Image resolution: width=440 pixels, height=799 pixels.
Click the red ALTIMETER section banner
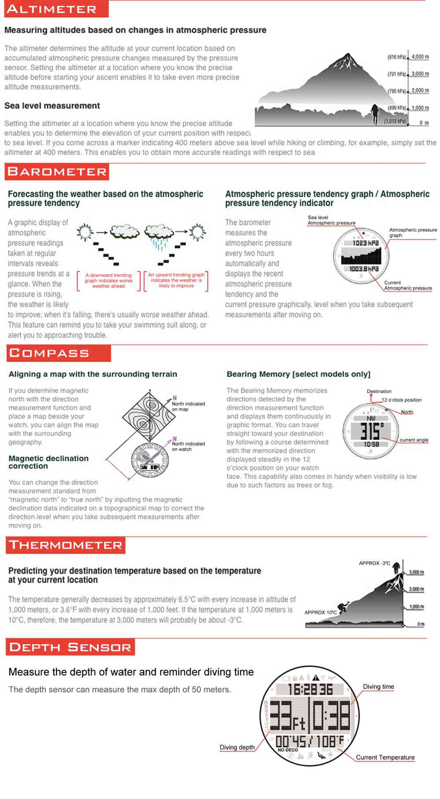pos(56,9)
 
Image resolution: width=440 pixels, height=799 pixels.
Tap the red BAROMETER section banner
pos(57,172)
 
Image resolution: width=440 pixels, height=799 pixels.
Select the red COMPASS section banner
pos(59,353)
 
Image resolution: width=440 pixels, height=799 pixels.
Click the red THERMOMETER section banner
pos(66,545)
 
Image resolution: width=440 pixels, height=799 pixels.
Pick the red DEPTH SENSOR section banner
pos(70,647)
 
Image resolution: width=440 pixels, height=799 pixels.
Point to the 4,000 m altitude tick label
pos(420,57)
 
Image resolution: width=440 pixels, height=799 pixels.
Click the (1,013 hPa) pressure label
pos(395,121)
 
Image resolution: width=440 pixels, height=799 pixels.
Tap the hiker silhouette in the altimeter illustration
pos(375,113)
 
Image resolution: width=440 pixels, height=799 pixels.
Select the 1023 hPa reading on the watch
pos(365,243)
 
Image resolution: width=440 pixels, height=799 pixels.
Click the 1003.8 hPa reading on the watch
pos(364,269)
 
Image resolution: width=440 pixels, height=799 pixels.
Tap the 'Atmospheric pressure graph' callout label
pos(412,232)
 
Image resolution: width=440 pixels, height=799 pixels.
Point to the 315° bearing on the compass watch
pos(372,432)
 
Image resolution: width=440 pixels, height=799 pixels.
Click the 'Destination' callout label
pos(379,391)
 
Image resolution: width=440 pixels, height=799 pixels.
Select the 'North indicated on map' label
pos(188,407)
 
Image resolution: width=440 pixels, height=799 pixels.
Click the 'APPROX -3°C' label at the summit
pos(374,563)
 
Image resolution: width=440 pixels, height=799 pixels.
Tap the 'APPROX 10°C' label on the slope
pos(320,612)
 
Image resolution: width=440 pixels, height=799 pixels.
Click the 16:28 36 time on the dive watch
pos(310,689)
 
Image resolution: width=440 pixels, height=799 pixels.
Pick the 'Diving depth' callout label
pos(237,747)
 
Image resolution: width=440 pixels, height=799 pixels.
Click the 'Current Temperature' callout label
pos(385,757)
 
